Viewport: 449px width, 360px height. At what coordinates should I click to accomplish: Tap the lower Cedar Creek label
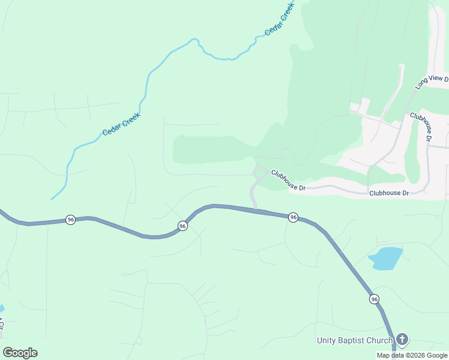coord(121,124)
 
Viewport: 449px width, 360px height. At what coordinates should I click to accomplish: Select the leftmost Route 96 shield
coord(71,220)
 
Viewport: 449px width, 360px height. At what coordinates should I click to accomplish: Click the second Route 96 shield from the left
coord(182,226)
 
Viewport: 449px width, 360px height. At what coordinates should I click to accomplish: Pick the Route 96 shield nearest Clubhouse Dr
coord(293,217)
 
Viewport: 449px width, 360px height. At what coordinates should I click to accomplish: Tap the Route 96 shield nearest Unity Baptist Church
coord(374,299)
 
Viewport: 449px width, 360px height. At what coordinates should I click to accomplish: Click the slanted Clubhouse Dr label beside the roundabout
coord(288,180)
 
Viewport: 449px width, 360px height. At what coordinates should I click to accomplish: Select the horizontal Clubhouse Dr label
coord(388,193)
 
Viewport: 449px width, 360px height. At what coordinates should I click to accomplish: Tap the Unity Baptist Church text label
coord(354,341)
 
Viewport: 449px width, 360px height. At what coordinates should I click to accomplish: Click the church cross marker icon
coord(402,340)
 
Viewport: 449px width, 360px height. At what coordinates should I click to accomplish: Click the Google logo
coord(20,353)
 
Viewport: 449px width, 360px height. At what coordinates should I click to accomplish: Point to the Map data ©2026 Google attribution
coord(411,355)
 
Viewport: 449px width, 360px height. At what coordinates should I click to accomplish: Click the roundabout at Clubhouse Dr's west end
coord(259,173)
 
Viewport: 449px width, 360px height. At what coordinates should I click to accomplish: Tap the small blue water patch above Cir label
coord(1,308)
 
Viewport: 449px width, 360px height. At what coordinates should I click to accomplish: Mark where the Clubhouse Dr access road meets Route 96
coord(256,209)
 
